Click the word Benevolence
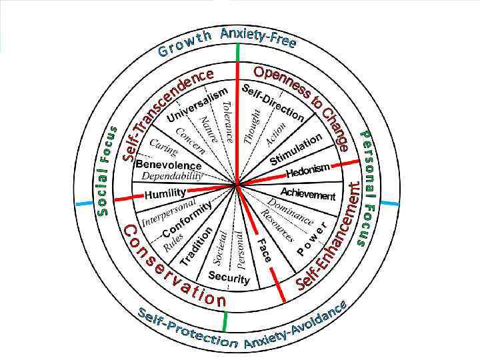(168, 165)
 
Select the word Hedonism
(308, 171)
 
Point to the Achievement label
(307, 195)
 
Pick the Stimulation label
(296, 150)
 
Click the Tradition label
(196, 247)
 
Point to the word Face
(264, 249)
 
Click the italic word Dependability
(172, 177)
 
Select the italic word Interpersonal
(169, 211)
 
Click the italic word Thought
(251, 126)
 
